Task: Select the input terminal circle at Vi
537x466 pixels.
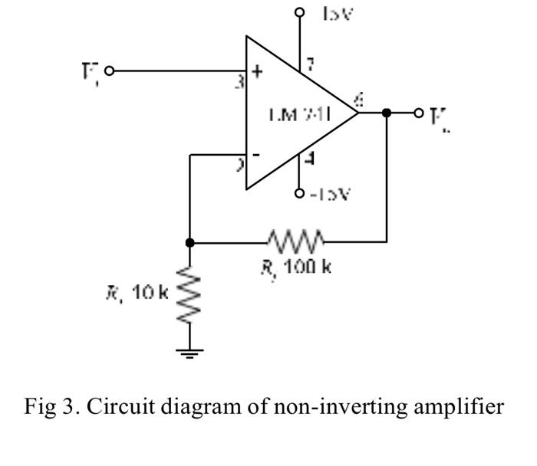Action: click(109, 71)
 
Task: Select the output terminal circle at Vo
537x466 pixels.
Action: click(419, 113)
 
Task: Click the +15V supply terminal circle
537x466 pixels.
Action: click(300, 12)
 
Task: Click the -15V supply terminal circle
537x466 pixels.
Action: click(300, 194)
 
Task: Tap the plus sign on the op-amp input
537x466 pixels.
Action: click(258, 73)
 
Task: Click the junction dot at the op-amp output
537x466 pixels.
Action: click(386, 113)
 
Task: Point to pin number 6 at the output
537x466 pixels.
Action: click(361, 98)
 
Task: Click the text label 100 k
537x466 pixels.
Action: click(306, 267)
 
